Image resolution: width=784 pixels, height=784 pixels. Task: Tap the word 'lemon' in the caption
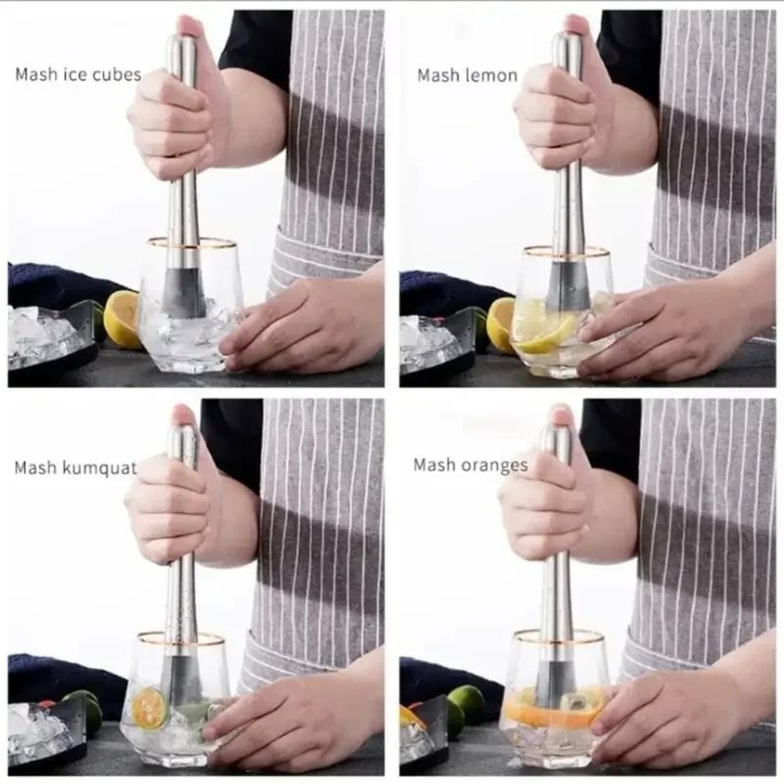tap(491, 76)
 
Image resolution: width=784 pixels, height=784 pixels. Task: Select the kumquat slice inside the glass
tap(148, 708)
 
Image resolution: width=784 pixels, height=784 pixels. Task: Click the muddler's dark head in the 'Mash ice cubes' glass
tap(183, 292)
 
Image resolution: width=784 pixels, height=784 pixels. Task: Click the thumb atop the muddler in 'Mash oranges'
tap(563, 416)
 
